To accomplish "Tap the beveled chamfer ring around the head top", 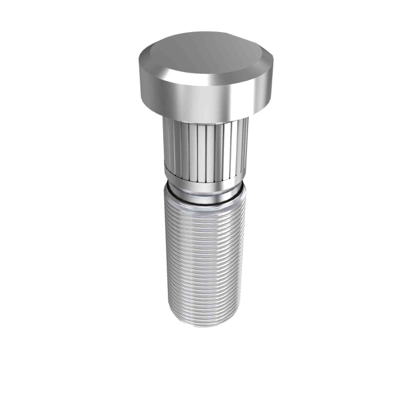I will point(172,73).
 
